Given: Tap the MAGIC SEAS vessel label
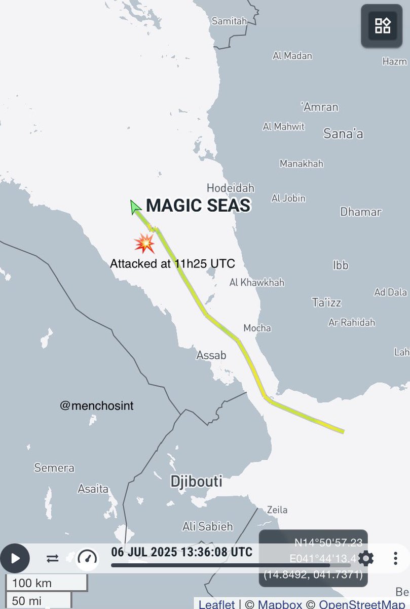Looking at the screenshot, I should [198, 206].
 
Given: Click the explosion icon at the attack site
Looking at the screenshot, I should [144, 244].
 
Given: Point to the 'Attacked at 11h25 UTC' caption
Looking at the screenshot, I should [172, 264].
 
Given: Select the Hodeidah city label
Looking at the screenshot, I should [231, 188].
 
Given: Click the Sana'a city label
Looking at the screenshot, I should [343, 134].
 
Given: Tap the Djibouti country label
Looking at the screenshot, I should [196, 481].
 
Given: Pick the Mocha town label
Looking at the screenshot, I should [257, 328].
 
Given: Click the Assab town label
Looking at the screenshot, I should [211, 355].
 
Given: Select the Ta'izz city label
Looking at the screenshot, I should [326, 302].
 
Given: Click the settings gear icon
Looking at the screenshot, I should [366, 559].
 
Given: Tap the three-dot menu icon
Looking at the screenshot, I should [395, 559].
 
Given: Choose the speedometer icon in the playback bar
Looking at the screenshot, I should [87, 558].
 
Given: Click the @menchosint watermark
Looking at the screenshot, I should [96, 405].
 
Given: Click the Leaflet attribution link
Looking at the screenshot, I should [216, 604].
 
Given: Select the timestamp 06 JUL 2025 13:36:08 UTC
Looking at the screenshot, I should [181, 552].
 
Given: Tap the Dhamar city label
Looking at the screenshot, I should [360, 212].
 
